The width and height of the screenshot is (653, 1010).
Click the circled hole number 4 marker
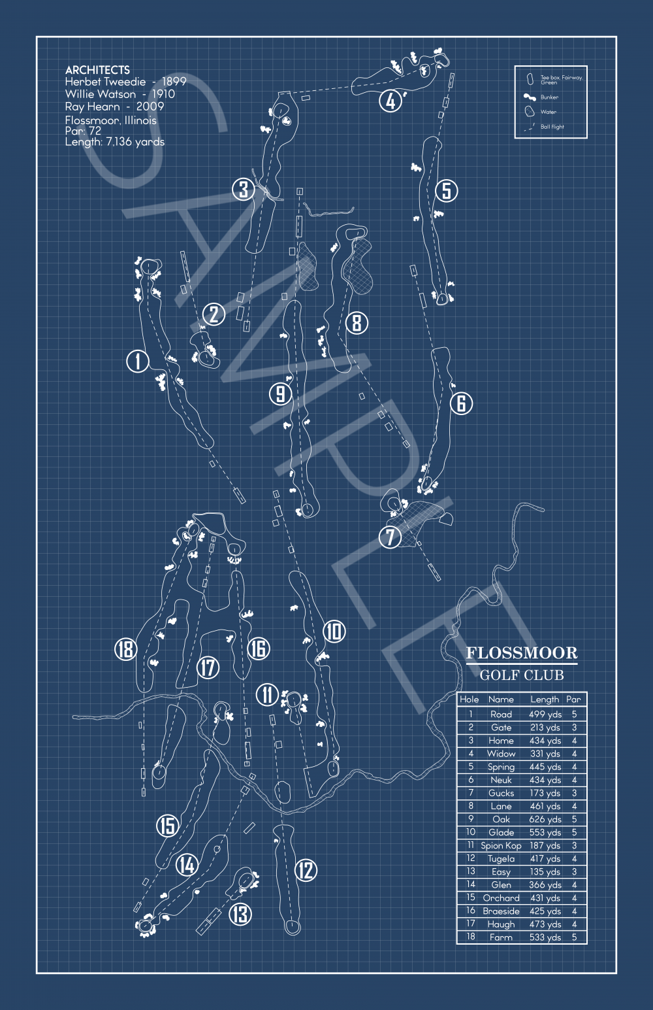pos(390,101)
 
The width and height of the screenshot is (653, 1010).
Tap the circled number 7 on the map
pos(390,537)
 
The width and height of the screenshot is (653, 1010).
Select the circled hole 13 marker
pos(240,914)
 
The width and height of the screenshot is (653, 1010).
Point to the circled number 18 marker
pos(125,649)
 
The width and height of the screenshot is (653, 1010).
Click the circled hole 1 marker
pos(138,361)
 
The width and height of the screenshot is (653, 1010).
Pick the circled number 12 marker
pos(306,870)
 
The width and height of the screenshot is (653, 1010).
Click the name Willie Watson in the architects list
pos(101,94)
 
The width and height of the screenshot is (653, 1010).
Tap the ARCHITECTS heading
pos(97,70)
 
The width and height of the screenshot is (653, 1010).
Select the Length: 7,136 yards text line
pos(115,142)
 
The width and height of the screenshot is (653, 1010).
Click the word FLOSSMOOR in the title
pos(521,653)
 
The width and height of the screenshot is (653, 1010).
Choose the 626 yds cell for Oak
pos(545,819)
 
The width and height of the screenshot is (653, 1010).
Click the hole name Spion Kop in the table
pos(501,845)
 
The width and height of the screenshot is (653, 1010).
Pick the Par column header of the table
pos(573,699)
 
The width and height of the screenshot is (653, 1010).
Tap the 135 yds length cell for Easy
pos(545,871)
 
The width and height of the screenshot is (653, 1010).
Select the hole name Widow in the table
pos(501,754)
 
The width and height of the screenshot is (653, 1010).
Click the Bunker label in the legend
pos(549,97)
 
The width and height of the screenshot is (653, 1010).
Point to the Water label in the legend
pos(549,112)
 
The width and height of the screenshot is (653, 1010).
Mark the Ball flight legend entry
pos(552,127)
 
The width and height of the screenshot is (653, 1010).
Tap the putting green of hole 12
pos(292,926)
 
